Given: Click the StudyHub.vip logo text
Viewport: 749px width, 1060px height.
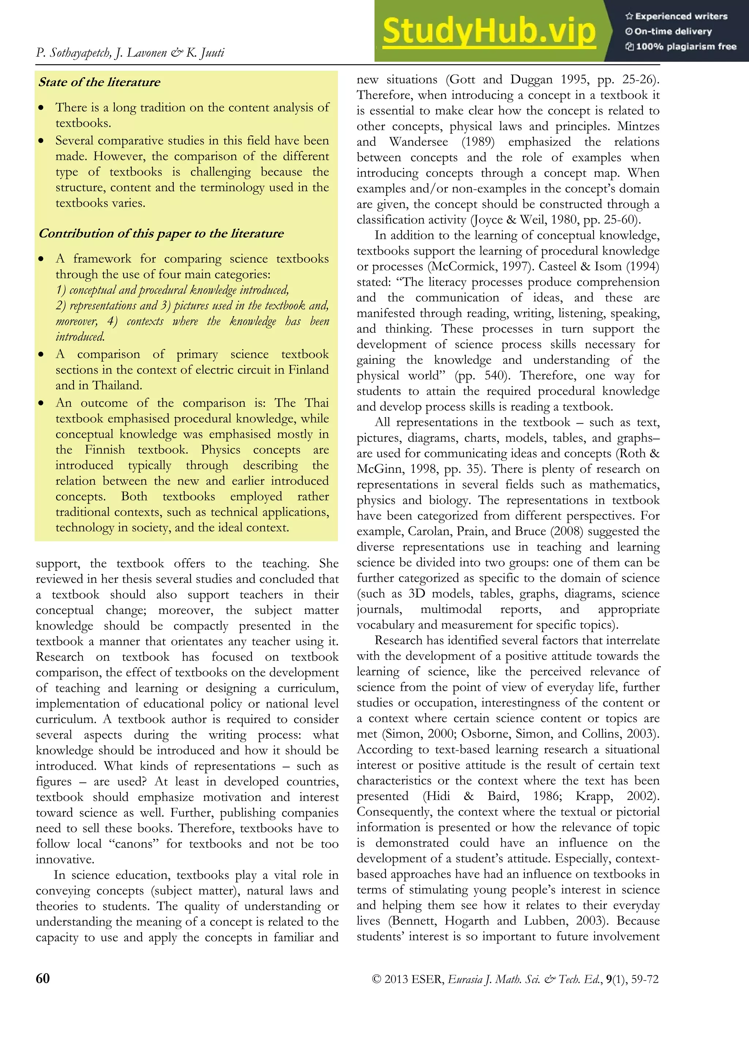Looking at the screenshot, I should pos(489,31).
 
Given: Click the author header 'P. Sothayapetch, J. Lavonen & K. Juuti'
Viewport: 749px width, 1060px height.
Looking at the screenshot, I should pos(130,53).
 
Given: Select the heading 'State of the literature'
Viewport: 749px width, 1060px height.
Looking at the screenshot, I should pos(99,82).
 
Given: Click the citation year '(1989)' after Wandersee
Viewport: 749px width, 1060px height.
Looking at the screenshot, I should pos(478,142).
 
